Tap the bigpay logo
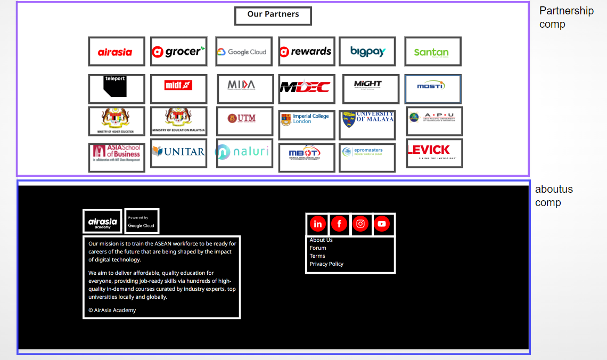click(x=367, y=52)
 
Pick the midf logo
click(x=178, y=85)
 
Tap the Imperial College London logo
click(x=306, y=119)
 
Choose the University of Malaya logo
click(x=367, y=119)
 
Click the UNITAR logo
click(x=178, y=152)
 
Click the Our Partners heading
click(x=273, y=14)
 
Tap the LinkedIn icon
click(x=317, y=224)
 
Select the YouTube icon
click(x=381, y=224)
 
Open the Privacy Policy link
click(x=326, y=264)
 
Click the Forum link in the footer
click(x=318, y=248)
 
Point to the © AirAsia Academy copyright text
click(x=112, y=310)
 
